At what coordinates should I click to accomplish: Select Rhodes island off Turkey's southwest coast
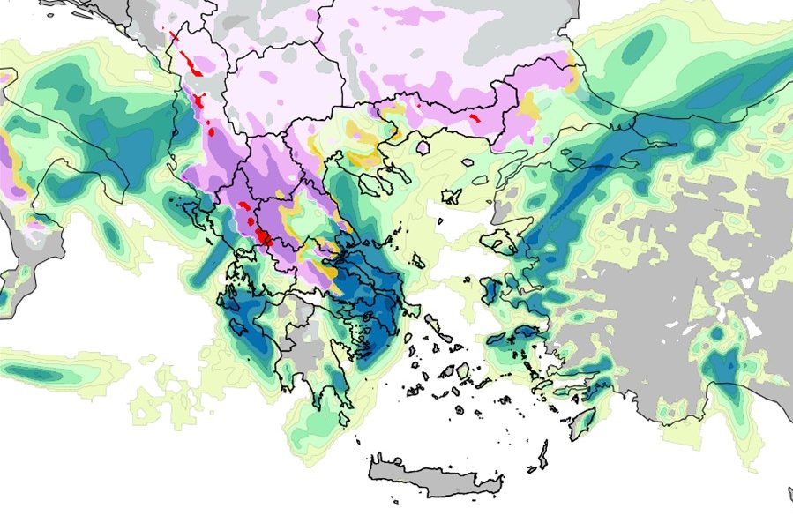tap(582, 422)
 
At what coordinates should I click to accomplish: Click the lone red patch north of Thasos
tap(474, 116)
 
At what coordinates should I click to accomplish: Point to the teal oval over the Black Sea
tap(639, 45)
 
